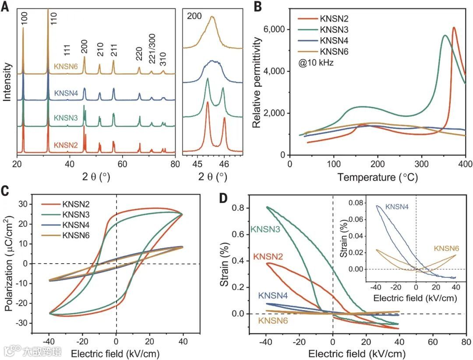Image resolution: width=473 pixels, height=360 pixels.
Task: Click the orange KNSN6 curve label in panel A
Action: (66, 67)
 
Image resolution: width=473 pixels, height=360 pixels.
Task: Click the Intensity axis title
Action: (7, 81)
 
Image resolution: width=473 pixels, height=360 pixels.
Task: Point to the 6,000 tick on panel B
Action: (275, 29)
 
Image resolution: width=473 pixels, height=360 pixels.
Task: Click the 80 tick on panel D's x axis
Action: (467, 340)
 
